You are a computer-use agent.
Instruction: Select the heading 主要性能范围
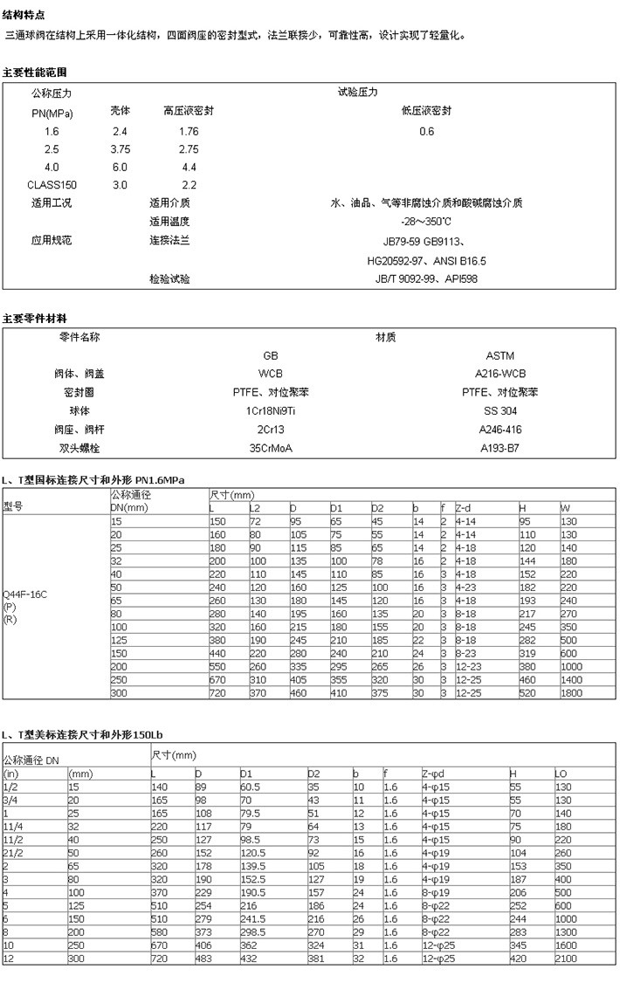pos(34,72)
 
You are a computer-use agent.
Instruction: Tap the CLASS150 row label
pos(52,185)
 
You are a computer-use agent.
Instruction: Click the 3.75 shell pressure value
pos(120,149)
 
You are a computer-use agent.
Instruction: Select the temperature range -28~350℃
pos(426,222)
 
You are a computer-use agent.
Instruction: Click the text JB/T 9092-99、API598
pos(426,279)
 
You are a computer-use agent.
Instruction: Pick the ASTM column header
pos(499,355)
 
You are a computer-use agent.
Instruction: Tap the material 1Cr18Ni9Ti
pos(271,410)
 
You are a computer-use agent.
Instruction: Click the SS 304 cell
pos(499,410)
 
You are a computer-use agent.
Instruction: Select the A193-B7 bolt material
pos(499,448)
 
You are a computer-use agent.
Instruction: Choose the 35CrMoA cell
pos(271,448)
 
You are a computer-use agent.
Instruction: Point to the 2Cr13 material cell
pos(271,430)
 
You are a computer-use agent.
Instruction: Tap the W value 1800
pos(572,692)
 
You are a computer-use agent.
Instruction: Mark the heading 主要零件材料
pos(34,318)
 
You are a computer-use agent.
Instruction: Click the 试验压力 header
pos(357,92)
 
